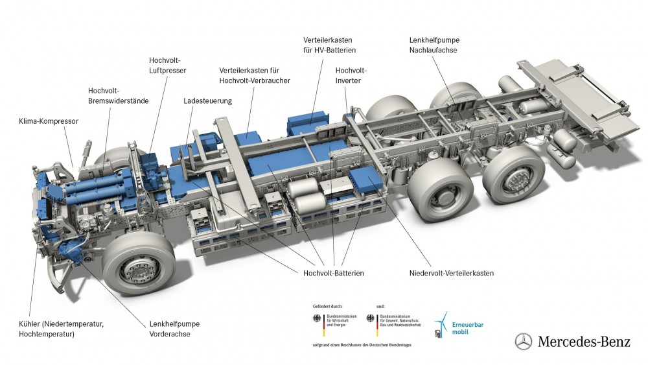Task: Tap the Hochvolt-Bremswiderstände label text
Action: pyautogui.click(x=118, y=95)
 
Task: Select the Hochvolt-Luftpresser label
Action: pyautogui.click(x=167, y=65)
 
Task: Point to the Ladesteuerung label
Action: pyautogui.click(x=207, y=101)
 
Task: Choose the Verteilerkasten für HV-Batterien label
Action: pyautogui.click(x=329, y=45)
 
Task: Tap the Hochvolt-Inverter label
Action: pyautogui.click(x=351, y=75)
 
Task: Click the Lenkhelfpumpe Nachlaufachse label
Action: pyautogui.click(x=434, y=45)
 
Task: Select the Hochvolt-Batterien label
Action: pyautogui.click(x=333, y=274)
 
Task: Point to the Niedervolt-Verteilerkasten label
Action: pyautogui.click(x=452, y=274)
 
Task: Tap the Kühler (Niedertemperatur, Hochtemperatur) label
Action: pyautogui.click(x=62, y=329)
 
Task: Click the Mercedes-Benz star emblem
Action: pyautogui.click(x=524, y=342)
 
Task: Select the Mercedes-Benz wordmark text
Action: pyautogui.click(x=583, y=342)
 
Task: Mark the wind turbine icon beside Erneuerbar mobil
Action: pyautogui.click(x=441, y=324)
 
